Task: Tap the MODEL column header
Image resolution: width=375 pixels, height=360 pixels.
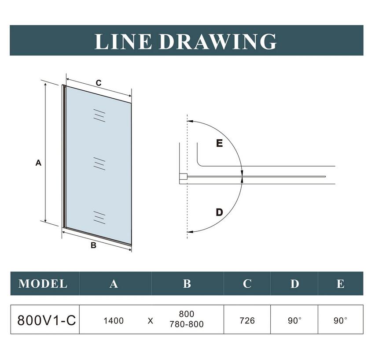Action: tap(43, 284)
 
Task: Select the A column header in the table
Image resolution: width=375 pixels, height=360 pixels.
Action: tap(114, 284)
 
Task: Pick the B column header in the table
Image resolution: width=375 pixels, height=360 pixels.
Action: tap(187, 284)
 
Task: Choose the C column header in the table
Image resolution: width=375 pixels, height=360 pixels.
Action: tap(247, 284)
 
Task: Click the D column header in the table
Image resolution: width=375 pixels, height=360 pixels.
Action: tap(294, 284)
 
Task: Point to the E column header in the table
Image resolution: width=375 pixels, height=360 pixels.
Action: tap(340, 284)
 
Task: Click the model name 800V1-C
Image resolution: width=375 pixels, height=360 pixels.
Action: tap(47, 320)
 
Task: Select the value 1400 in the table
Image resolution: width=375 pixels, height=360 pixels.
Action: tap(114, 320)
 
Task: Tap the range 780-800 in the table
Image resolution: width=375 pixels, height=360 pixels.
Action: tap(187, 324)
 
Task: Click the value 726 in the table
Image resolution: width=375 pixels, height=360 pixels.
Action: tap(247, 320)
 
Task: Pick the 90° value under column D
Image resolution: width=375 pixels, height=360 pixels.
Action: tap(294, 320)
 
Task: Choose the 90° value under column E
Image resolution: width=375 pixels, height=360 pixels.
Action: tap(340, 320)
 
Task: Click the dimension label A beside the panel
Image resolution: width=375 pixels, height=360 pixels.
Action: tap(38, 163)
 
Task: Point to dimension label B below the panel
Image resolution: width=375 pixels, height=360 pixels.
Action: tap(93, 245)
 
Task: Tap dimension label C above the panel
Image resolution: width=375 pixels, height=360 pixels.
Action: tap(99, 83)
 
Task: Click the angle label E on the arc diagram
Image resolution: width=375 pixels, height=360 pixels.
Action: tap(219, 143)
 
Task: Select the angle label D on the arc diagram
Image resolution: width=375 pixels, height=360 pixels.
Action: tap(219, 212)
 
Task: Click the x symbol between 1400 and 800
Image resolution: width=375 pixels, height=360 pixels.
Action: tap(151, 321)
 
